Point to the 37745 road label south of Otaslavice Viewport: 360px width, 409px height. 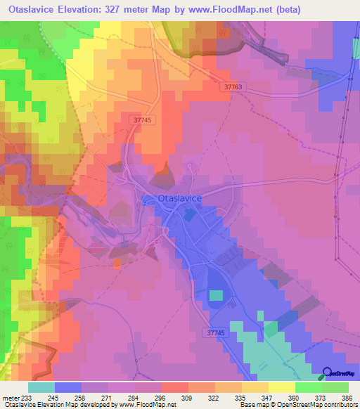[221, 332]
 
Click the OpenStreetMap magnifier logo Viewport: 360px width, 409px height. [327, 373]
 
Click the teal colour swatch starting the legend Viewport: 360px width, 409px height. [41, 387]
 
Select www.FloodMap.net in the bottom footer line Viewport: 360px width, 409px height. [147, 405]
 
